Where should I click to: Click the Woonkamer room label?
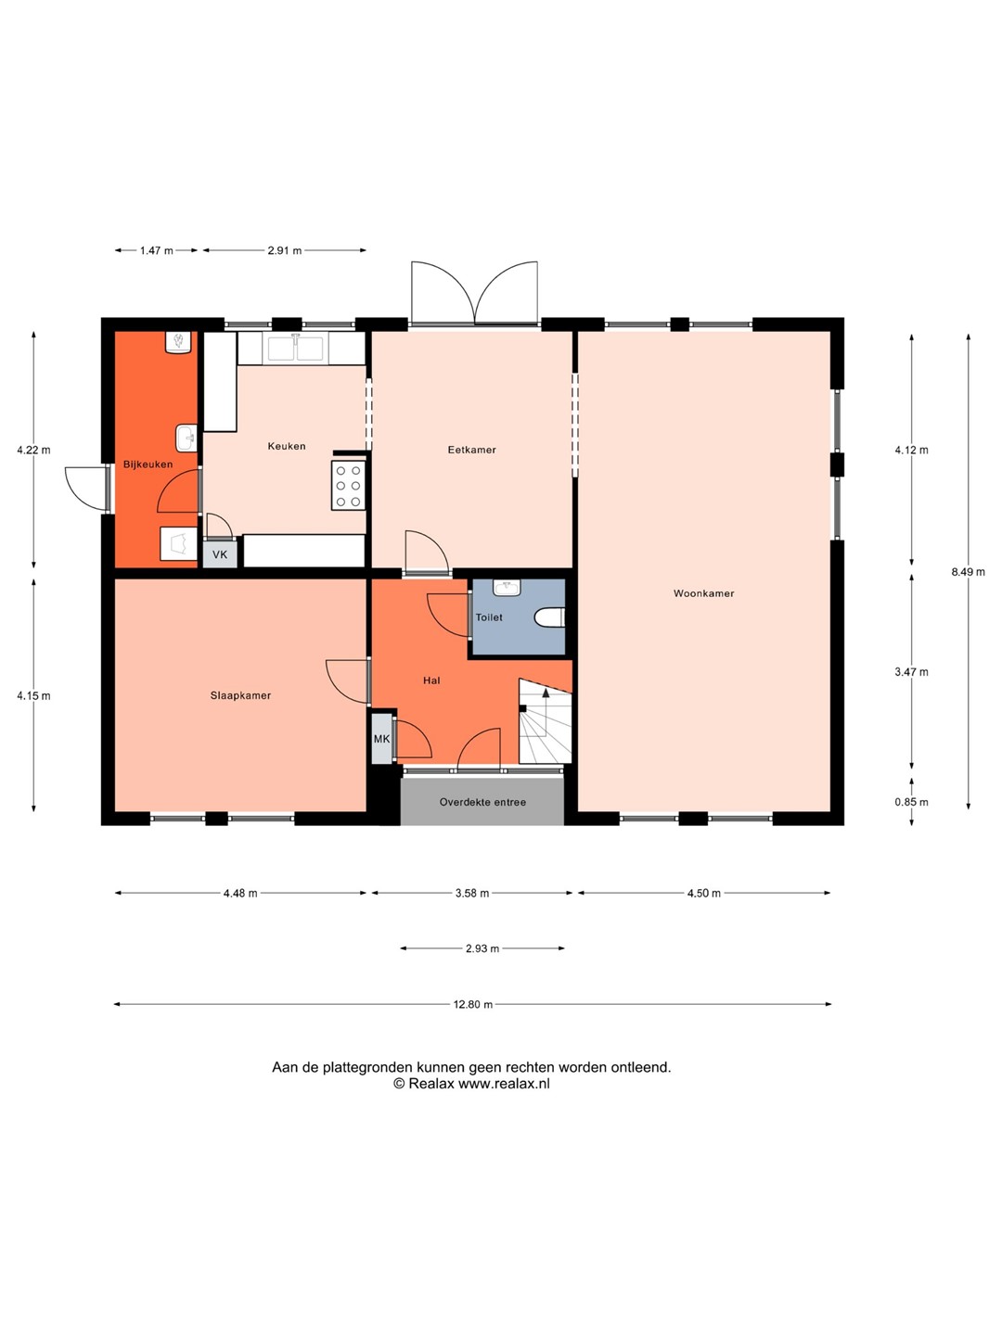point(703,593)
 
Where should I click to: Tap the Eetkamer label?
point(471,450)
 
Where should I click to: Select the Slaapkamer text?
point(240,695)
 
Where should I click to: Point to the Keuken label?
point(287,446)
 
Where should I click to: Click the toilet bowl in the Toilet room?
point(550,617)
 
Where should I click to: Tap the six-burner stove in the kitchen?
point(349,485)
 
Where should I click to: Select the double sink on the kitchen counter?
point(296,348)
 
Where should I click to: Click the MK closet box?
point(381,739)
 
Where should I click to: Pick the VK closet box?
point(220,554)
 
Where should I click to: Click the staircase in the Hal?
point(546,720)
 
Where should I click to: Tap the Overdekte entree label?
point(482,802)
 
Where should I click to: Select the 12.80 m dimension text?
point(473,1004)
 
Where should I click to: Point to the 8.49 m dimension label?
point(968,572)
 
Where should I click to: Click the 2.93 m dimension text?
point(482,948)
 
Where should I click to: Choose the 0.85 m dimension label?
point(911,802)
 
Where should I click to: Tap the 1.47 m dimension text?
point(157,250)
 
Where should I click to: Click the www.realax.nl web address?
point(504,1083)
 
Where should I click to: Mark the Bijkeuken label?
point(148,464)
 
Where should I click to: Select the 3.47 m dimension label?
point(911,672)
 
